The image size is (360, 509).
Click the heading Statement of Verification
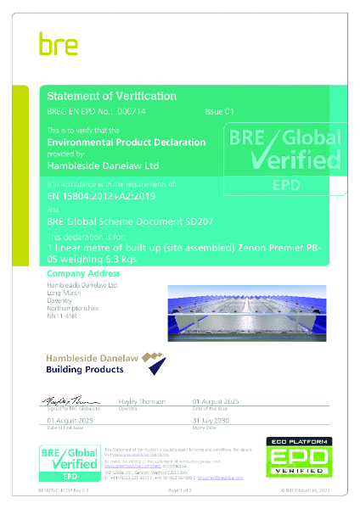coord(111,96)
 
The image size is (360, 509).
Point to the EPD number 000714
coord(126,111)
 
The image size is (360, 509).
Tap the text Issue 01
coord(218,111)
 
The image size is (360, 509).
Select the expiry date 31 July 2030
coord(211,419)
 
